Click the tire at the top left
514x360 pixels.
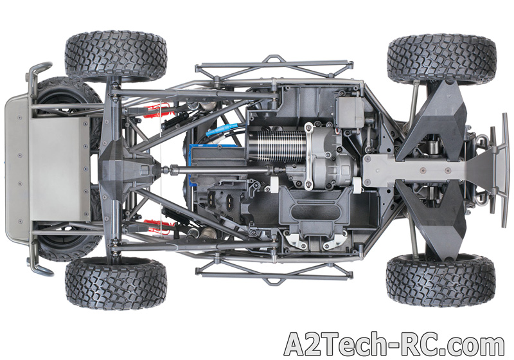pyautogui.click(x=116, y=57)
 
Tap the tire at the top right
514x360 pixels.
pyautogui.click(x=442, y=59)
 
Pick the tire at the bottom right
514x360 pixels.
pyautogui.click(x=441, y=280)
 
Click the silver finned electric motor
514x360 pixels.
pyautogui.click(x=279, y=146)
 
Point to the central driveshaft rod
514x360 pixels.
pyautogui.click(x=223, y=170)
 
